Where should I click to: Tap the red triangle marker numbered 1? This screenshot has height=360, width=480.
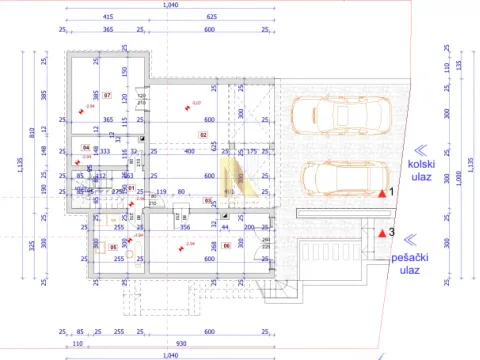tap(381, 192)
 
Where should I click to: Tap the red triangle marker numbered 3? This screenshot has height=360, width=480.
tap(381, 234)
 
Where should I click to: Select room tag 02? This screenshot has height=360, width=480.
tap(203, 133)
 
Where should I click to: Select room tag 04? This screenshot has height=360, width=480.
tap(86, 147)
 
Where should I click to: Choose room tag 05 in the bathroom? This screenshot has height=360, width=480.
tap(112, 246)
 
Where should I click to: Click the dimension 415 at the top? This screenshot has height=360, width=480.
tap(107, 18)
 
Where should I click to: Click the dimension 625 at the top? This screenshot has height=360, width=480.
tap(211, 18)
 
